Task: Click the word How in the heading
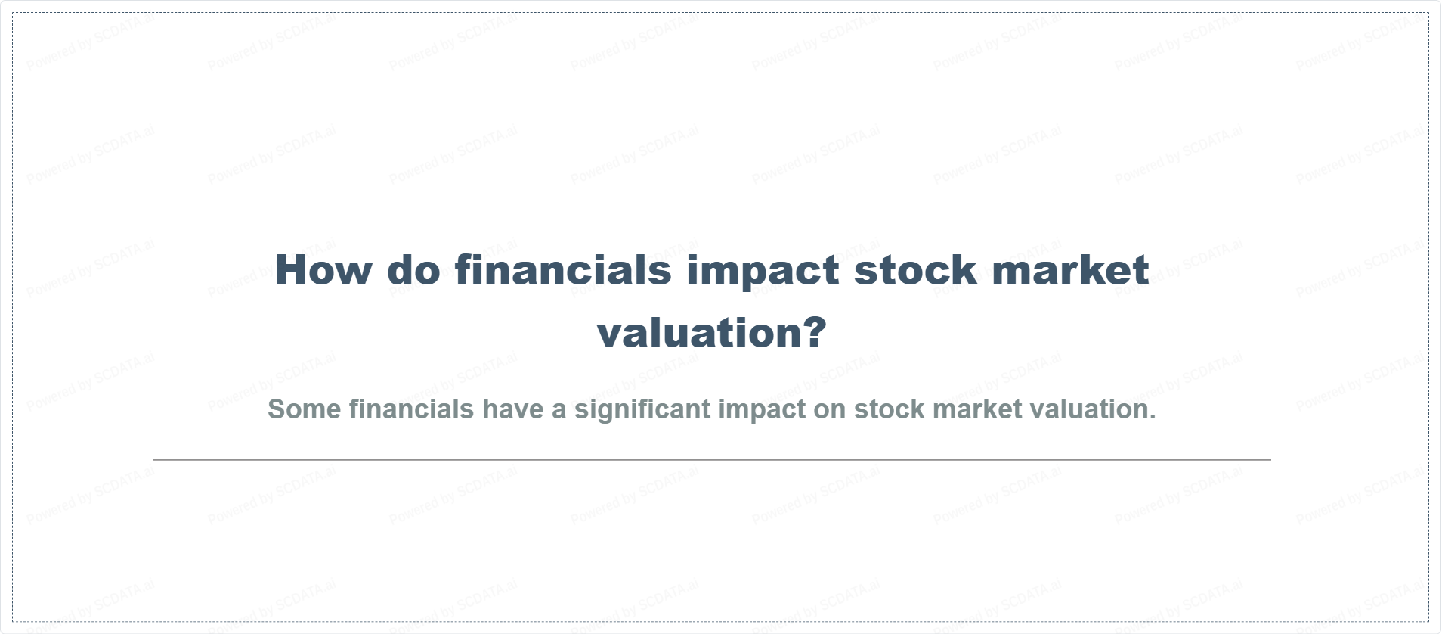323,269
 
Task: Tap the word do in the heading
413,269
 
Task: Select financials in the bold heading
563,269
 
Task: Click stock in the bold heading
915,269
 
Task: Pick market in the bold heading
1071,269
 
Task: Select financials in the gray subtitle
411,409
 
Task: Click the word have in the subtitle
513,409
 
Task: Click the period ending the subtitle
1152,417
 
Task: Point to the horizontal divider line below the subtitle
712,459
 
